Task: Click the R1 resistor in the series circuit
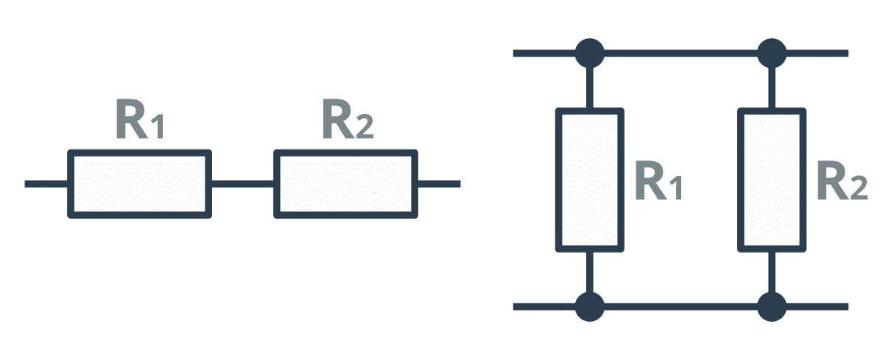pyautogui.click(x=140, y=183)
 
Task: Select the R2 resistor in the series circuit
pyautogui.click(x=346, y=183)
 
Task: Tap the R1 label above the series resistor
pyautogui.click(x=140, y=119)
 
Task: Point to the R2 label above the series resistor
pyautogui.click(x=348, y=119)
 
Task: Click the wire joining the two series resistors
pyautogui.click(x=243, y=183)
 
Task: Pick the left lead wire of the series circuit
pyautogui.click(x=46, y=183)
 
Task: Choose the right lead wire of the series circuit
pyautogui.click(x=439, y=183)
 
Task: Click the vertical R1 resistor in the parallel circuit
pyautogui.click(x=590, y=180)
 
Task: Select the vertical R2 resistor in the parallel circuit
pyautogui.click(x=772, y=180)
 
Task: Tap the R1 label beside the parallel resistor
pyautogui.click(x=659, y=181)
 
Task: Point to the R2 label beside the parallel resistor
pyautogui.click(x=842, y=181)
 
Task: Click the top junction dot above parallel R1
pyautogui.click(x=590, y=54)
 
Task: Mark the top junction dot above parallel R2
pyautogui.click(x=772, y=54)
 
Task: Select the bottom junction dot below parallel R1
pyautogui.click(x=590, y=306)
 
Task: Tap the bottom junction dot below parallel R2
pyautogui.click(x=772, y=306)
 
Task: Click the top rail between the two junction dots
pyautogui.click(x=680, y=54)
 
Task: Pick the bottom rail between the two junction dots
pyautogui.click(x=680, y=306)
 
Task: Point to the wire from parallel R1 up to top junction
pyautogui.click(x=590, y=88)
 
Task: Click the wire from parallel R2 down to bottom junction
pyautogui.click(x=772, y=272)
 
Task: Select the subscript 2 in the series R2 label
pyautogui.click(x=365, y=128)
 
